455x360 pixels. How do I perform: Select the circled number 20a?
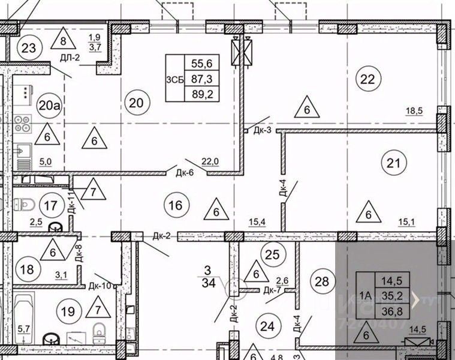click(x=49, y=106)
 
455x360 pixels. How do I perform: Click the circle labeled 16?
click(x=175, y=205)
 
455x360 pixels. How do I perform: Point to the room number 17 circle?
click(x=51, y=205)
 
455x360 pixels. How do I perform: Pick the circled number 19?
click(x=68, y=311)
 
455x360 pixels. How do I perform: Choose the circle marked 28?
click(x=321, y=281)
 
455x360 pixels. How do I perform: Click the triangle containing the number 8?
click(x=64, y=41)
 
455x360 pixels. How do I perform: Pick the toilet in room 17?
click(x=25, y=204)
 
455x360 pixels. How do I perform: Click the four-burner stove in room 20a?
click(x=23, y=124)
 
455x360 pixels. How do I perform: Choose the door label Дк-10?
click(x=100, y=286)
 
